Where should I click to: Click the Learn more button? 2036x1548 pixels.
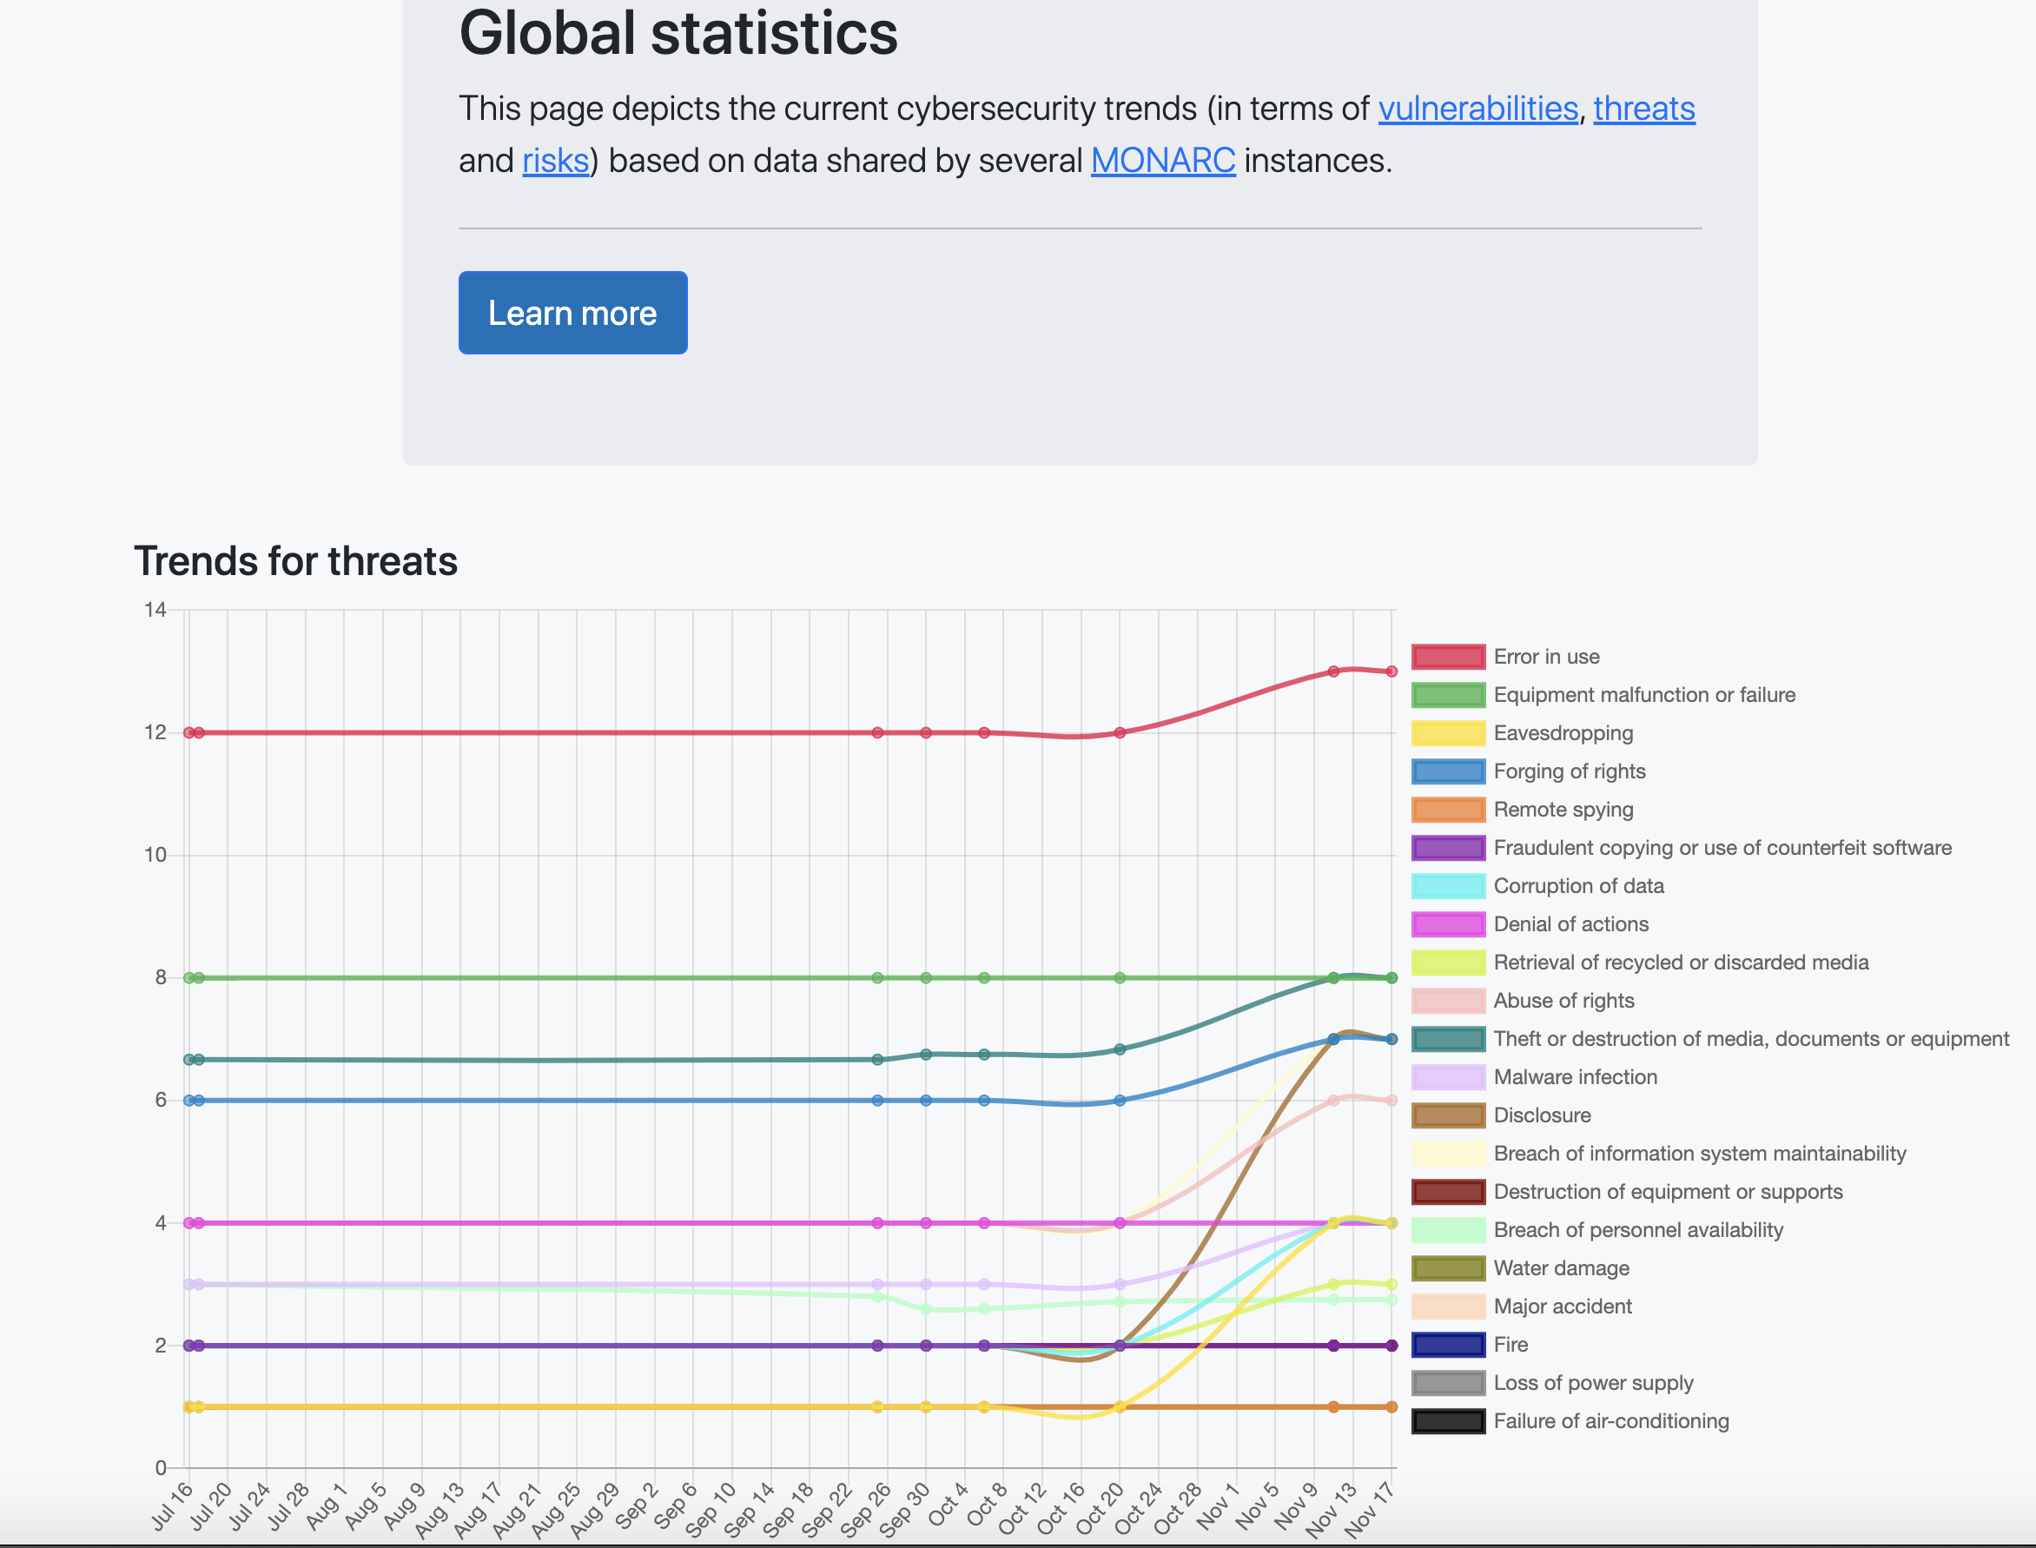[x=572, y=313]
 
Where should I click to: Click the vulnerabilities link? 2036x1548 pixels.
[x=1477, y=109]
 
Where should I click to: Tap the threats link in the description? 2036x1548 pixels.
[x=1643, y=109]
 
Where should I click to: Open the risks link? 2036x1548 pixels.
[x=555, y=161]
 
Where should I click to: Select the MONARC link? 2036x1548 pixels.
[x=1163, y=161]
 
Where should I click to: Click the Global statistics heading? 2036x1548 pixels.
[x=678, y=33]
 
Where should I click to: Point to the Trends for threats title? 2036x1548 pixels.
[x=295, y=561]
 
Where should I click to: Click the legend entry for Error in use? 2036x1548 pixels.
[x=1546, y=657]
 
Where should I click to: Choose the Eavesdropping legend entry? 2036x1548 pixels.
[x=1563, y=733]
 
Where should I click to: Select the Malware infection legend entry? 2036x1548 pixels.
[x=1575, y=1077]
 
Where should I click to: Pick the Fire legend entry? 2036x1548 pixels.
[x=1510, y=1345]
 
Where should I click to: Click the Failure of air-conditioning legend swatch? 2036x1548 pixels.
[x=1448, y=1421]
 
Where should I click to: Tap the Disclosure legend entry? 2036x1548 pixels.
[x=1541, y=1115]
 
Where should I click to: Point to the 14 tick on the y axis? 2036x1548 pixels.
[x=155, y=610]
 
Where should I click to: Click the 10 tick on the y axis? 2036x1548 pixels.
[x=155, y=855]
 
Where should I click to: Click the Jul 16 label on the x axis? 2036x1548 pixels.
[x=172, y=1505]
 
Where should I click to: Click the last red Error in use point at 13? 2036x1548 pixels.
[x=1391, y=671]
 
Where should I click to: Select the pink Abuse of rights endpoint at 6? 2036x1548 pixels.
[x=1391, y=1100]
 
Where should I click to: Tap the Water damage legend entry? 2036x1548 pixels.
[x=1561, y=1268]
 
